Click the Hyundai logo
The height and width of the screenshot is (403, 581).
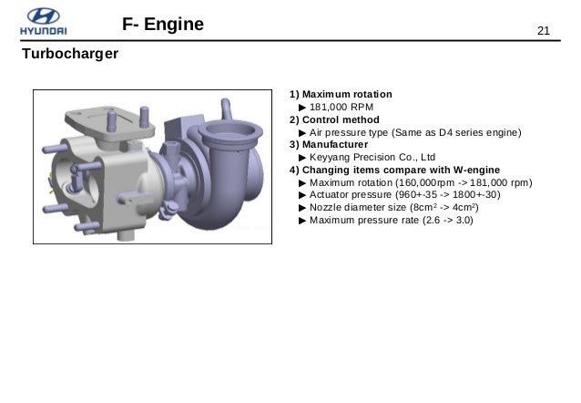tap(44, 22)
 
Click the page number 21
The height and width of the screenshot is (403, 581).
tap(543, 31)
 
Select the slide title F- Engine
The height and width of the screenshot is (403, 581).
tap(163, 25)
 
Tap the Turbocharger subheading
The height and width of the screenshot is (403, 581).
tap(70, 54)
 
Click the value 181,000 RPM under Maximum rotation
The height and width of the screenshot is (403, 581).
tap(341, 108)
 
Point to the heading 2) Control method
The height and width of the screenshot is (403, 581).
tap(334, 119)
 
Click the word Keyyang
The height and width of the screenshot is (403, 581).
tap(330, 158)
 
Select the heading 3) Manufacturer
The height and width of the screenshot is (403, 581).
tap(329, 144)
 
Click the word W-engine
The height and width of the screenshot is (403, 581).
tap(476, 170)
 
